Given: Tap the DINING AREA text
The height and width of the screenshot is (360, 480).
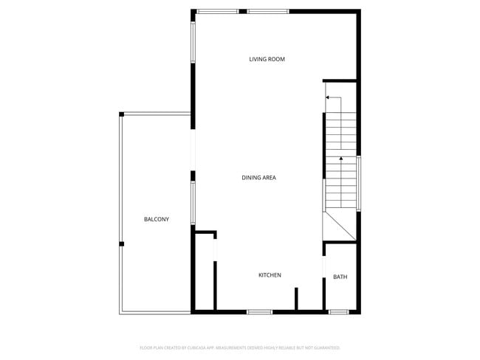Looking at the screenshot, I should click(x=258, y=178).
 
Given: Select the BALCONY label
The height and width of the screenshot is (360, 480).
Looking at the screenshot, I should click(x=157, y=219).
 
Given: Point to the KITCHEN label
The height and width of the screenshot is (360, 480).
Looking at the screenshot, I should click(x=270, y=275).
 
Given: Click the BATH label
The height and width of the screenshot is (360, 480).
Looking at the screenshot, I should click(x=340, y=277).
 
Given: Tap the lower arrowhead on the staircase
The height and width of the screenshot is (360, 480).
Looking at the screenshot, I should click(x=340, y=157).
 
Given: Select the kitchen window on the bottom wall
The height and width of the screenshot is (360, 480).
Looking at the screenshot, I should click(x=259, y=312).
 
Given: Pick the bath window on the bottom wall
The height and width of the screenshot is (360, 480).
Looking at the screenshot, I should click(x=339, y=312).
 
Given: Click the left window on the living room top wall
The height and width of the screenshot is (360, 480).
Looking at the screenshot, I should click(x=217, y=11).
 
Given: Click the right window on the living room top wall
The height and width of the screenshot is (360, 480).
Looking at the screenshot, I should click(x=267, y=11).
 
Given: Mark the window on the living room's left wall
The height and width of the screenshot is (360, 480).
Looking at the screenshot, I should click(x=193, y=42).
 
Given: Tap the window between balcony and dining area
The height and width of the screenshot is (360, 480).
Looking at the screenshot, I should click(x=193, y=204).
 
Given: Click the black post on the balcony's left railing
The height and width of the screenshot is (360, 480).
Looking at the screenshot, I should click(x=122, y=244).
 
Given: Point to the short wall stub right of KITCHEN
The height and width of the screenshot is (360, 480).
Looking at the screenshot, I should click(x=296, y=299).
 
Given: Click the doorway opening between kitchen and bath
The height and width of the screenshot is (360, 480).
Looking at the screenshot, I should click(x=324, y=266).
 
